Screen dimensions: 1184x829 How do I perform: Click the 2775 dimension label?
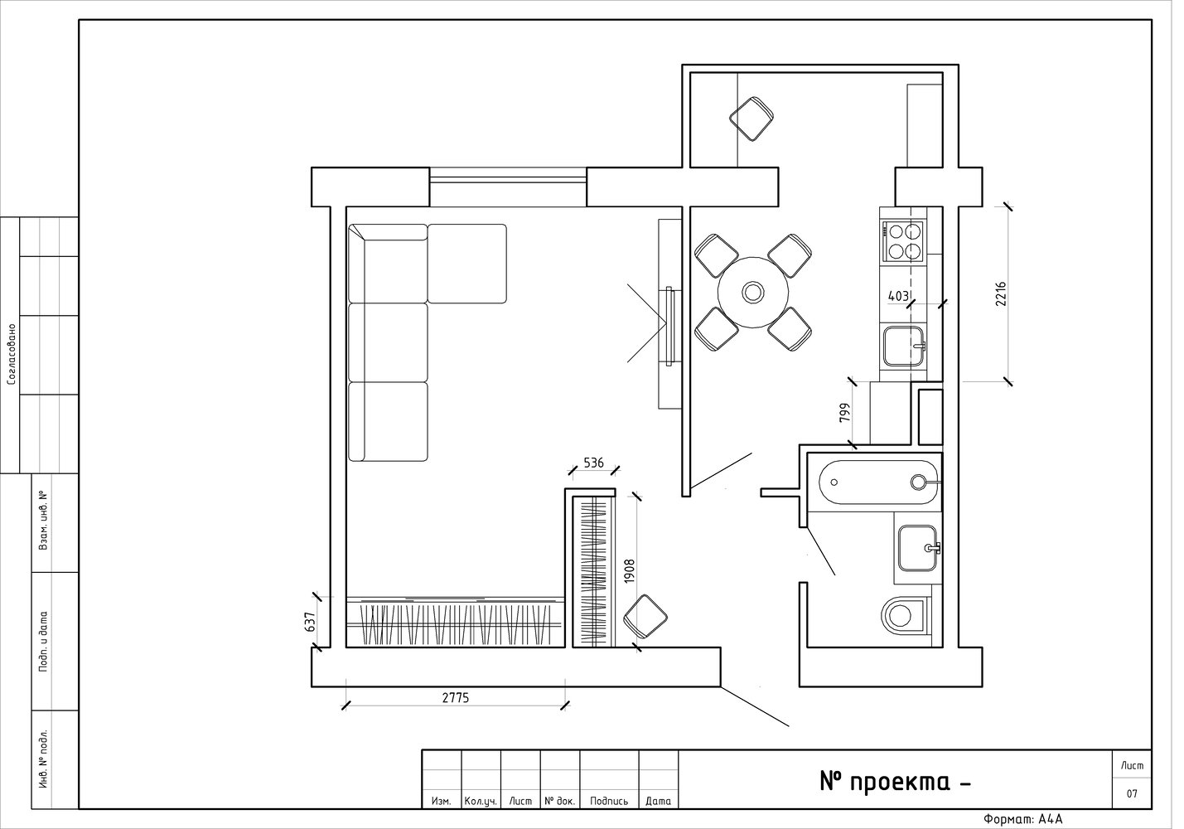pos(455,698)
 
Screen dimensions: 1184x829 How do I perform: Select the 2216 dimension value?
pos(1001,294)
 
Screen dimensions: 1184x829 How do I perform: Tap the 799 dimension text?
pos(845,413)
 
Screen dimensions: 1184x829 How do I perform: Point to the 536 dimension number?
pos(593,463)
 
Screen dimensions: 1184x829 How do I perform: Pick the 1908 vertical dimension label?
pos(629,571)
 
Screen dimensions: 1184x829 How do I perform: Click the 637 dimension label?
pos(310,622)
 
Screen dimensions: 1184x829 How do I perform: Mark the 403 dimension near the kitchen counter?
pos(898,296)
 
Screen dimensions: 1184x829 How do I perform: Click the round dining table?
pos(752,292)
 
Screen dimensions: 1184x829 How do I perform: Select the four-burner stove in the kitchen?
pos(903,241)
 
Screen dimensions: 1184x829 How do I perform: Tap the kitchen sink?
pos(904,346)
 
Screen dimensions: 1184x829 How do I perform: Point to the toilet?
pos(905,615)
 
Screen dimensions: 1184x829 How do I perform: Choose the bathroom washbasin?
pos(917,548)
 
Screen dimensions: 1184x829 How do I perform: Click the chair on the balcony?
pos(751,119)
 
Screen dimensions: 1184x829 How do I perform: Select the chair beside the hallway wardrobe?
pos(645,617)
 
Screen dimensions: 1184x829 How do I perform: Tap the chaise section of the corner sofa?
pos(466,264)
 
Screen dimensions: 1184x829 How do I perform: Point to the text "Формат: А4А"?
pos(1022,820)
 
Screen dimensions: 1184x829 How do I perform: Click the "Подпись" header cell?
pos(609,801)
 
